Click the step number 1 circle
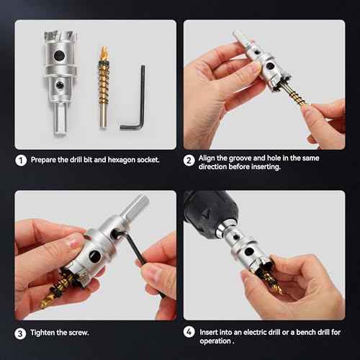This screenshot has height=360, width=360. tap(22, 161)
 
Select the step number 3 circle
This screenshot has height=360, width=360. tap(22, 333)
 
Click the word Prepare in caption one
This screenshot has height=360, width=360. tap(45, 161)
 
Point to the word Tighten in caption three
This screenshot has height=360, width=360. tap(44, 333)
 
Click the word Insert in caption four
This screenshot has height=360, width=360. tap(209, 333)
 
